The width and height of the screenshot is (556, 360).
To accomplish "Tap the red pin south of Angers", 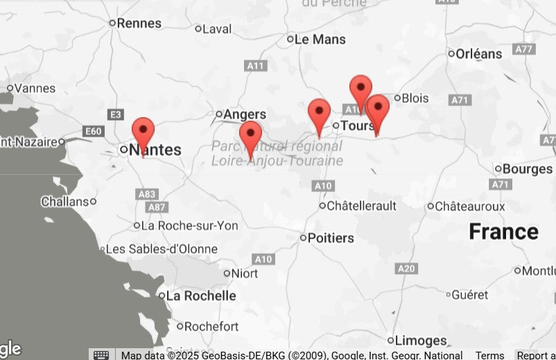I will pyautogui.click(x=250, y=135).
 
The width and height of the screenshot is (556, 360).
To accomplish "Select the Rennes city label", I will pyautogui.click(x=139, y=23).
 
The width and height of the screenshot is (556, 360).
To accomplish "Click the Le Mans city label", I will pyautogui.click(x=320, y=40).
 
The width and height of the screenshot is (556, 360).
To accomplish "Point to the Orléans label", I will pyautogui.click(x=479, y=53).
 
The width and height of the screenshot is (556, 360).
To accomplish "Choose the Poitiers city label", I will pyautogui.click(x=330, y=238).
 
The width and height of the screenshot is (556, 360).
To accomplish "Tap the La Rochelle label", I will pyautogui.click(x=201, y=295).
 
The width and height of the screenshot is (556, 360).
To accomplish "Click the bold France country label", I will pyautogui.click(x=503, y=232).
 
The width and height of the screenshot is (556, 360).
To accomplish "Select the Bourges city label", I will pyautogui.click(x=527, y=169).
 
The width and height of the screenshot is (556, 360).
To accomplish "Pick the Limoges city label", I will pyautogui.click(x=421, y=341).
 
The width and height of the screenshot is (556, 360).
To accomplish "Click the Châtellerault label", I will pyautogui.click(x=361, y=206).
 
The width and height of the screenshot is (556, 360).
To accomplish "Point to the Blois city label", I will pyautogui.click(x=415, y=98).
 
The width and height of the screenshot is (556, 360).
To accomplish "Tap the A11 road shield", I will pyautogui.click(x=256, y=66).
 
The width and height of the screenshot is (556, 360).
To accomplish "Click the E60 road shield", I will pyautogui.click(x=92, y=131).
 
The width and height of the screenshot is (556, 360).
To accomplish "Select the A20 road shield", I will pyautogui.click(x=407, y=268).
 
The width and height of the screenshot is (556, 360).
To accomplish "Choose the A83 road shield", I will pyautogui.click(x=147, y=195).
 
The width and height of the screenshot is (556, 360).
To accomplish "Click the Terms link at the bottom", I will pyautogui.click(x=489, y=355).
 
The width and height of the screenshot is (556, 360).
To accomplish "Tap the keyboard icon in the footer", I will pyautogui.click(x=101, y=355).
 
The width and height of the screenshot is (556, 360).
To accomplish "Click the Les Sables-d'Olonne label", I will pyautogui.click(x=162, y=249).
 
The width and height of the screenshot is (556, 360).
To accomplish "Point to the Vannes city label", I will pyautogui.click(x=35, y=88).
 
